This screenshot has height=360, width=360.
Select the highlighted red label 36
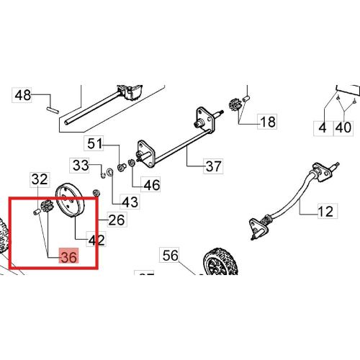69,256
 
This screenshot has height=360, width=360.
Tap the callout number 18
267,122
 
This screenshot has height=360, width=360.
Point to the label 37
213,166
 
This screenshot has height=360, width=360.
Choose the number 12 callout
328,211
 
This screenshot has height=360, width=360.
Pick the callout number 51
94,143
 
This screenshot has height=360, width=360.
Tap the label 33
79,166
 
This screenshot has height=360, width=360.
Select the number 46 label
150,184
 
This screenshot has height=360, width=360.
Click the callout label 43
130,202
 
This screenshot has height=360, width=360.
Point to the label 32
40,179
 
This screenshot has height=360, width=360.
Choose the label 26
117,220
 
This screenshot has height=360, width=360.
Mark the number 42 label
96,239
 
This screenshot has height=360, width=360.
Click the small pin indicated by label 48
53,110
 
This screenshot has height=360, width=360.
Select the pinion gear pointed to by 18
233,104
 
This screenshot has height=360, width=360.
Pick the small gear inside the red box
46,206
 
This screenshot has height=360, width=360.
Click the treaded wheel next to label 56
220,262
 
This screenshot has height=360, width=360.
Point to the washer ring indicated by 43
110,172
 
